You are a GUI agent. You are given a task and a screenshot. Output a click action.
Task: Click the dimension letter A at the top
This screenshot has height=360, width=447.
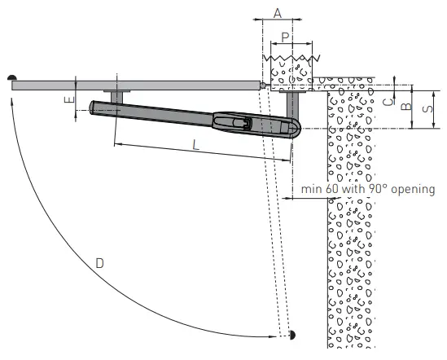277,13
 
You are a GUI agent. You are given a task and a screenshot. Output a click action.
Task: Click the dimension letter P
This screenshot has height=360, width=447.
284,37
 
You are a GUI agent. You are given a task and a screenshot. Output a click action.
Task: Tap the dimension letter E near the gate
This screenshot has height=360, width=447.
68,100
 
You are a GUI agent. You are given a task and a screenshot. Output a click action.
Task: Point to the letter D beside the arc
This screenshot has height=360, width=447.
99,263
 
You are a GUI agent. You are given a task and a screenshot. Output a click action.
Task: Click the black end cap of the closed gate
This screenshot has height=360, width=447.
13,77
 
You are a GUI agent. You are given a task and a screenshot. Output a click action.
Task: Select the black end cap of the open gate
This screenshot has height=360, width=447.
291,335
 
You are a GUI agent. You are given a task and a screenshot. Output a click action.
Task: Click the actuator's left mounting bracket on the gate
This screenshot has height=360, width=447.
116,95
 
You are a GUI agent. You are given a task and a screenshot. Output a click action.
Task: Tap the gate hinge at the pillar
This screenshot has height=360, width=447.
263,84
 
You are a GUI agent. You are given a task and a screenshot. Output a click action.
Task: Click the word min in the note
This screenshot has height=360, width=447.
310,189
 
